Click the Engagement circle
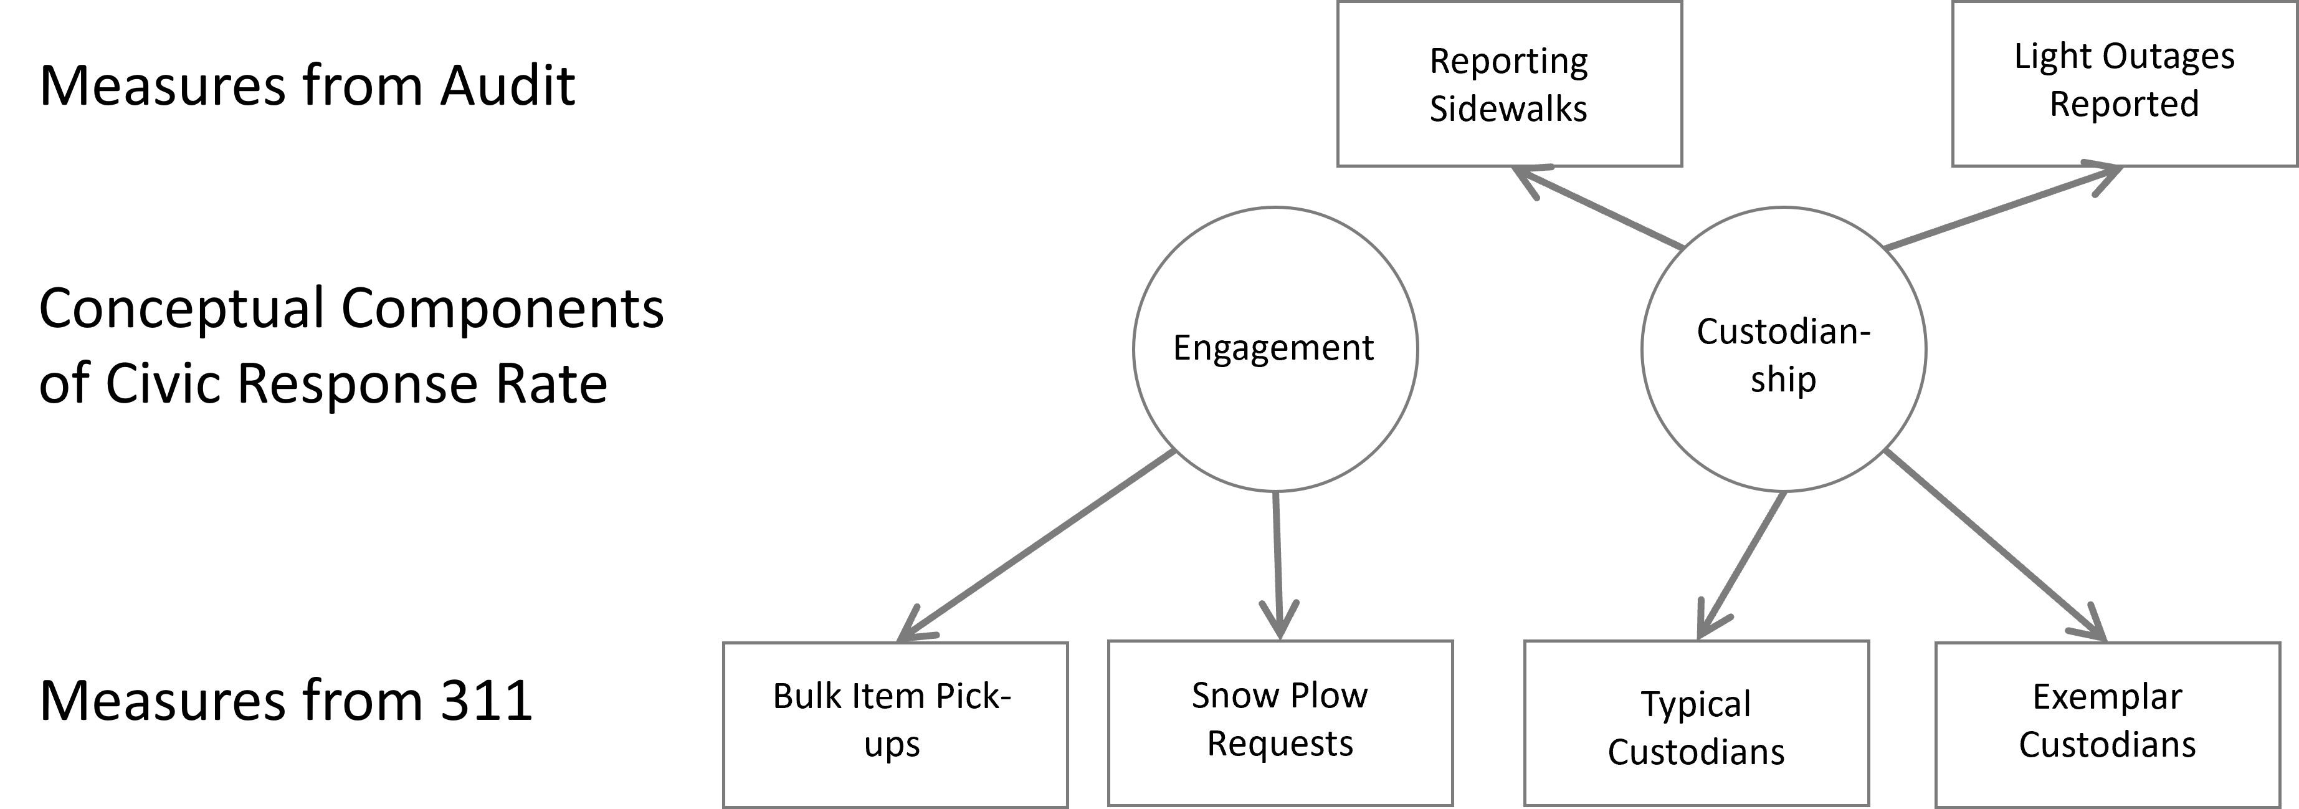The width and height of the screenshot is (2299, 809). click(1275, 349)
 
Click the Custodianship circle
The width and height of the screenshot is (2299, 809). click(1783, 349)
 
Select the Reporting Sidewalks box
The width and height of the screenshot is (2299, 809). click(1508, 84)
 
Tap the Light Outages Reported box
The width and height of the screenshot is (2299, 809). click(2124, 84)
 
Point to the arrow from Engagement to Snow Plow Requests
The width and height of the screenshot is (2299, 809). click(1277, 563)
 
